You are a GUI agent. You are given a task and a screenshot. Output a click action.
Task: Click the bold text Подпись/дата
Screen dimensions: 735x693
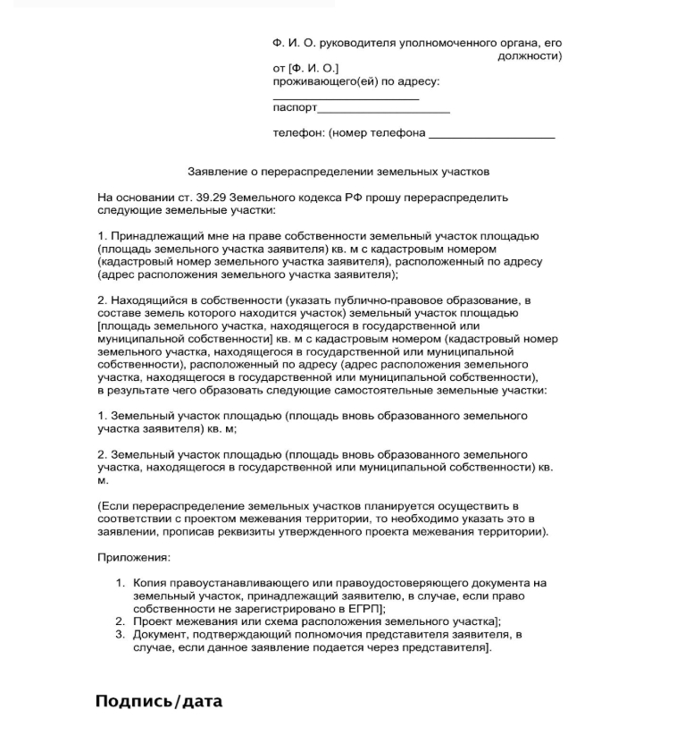[158, 701]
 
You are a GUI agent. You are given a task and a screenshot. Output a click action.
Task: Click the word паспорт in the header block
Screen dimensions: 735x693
[295, 107]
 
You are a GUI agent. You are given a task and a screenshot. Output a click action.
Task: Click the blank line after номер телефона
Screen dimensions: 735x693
[491, 136]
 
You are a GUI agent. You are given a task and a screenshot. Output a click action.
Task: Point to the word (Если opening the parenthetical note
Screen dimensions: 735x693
[113, 506]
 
